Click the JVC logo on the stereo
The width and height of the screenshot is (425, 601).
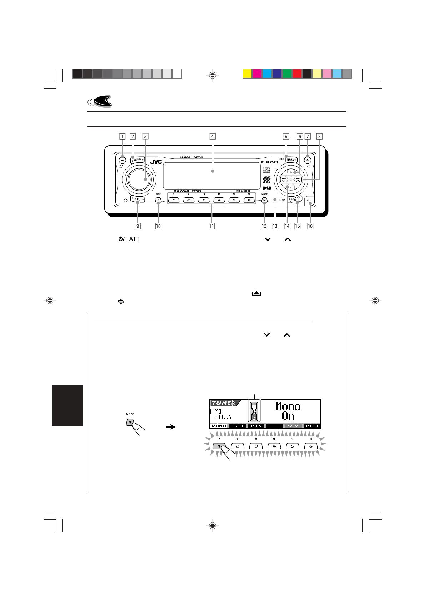tap(156, 162)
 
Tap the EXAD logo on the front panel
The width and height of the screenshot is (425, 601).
tap(269, 162)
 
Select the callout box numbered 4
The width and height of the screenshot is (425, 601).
tap(212, 136)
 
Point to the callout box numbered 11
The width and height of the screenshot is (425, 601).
tap(211, 226)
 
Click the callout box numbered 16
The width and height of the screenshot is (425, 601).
tap(310, 226)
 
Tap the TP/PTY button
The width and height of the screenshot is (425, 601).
tap(137, 160)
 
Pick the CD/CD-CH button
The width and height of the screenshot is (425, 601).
tap(295, 200)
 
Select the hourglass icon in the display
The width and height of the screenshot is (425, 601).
tap(254, 410)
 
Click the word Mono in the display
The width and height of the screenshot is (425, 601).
tap(288, 406)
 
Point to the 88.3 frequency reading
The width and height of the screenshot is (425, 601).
tap(222, 417)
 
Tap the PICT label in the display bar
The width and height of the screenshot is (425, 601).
tap(312, 426)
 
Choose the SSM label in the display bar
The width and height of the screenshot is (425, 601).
tap(293, 426)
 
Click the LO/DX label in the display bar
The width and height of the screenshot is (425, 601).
tap(237, 426)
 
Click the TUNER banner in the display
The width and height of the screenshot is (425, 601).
tap(224, 403)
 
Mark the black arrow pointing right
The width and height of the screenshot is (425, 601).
tap(171, 426)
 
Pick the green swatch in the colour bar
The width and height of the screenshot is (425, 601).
tap(287, 74)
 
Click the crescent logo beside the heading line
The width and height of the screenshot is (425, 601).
tap(100, 102)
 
